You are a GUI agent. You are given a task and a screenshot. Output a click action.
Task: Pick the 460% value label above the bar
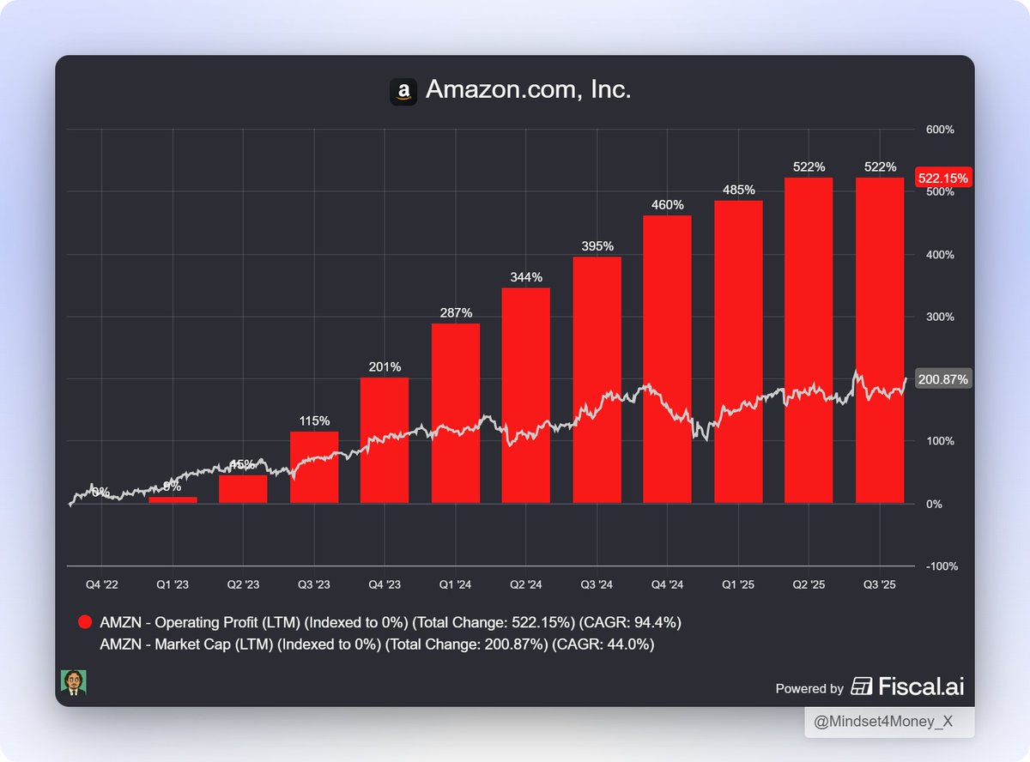(668, 205)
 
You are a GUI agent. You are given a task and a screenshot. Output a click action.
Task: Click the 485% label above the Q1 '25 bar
(738, 190)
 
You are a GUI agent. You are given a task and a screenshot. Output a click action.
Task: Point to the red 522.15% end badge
(943, 178)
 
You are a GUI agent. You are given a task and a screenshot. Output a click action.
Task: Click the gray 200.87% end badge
(943, 379)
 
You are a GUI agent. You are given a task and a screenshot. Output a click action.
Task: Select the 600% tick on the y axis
(939, 130)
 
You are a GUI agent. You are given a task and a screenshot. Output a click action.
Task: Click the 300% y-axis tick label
(939, 317)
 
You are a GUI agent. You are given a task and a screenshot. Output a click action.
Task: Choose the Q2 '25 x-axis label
(809, 584)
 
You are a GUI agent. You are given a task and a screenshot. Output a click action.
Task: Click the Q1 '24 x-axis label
(455, 584)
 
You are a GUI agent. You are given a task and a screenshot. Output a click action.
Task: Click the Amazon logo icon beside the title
(403, 92)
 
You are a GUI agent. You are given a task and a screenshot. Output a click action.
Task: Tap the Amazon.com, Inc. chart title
(528, 89)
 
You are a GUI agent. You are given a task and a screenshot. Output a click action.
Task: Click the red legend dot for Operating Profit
(85, 622)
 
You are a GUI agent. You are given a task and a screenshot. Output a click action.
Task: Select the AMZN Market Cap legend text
(377, 644)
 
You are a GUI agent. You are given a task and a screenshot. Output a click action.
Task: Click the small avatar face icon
(73, 683)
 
